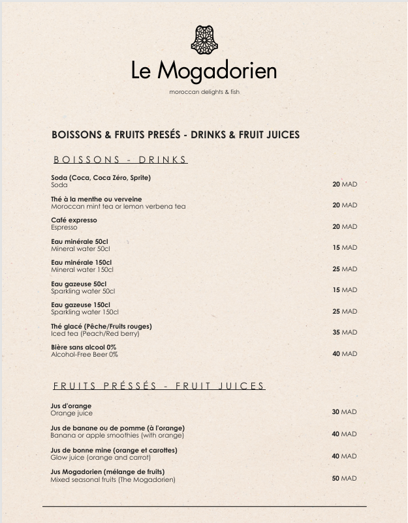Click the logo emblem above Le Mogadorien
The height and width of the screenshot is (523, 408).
click(x=204, y=40)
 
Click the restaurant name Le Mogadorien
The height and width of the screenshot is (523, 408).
click(x=204, y=70)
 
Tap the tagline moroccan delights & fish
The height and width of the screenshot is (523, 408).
click(x=204, y=92)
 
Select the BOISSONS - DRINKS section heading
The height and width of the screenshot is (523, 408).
click(x=120, y=160)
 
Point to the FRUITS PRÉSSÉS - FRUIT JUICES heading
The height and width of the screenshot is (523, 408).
click(x=159, y=386)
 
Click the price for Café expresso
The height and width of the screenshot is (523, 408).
click(x=345, y=227)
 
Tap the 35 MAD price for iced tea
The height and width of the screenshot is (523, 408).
click(x=345, y=333)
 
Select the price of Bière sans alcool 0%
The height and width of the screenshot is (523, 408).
click(x=345, y=354)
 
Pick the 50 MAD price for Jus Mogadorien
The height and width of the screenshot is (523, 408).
click(x=345, y=479)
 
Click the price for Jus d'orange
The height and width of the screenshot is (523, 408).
click(x=345, y=412)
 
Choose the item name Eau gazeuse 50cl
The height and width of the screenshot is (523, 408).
click(x=79, y=284)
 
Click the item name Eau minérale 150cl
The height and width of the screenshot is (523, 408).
click(x=82, y=262)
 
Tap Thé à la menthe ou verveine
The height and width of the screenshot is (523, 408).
click(x=97, y=199)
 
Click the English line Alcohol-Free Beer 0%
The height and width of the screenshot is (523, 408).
click(x=84, y=355)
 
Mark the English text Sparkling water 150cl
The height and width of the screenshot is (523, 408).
click(x=85, y=312)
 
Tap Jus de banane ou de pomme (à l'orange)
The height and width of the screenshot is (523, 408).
click(x=118, y=428)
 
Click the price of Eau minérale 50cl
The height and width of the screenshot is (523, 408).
click(x=345, y=248)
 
